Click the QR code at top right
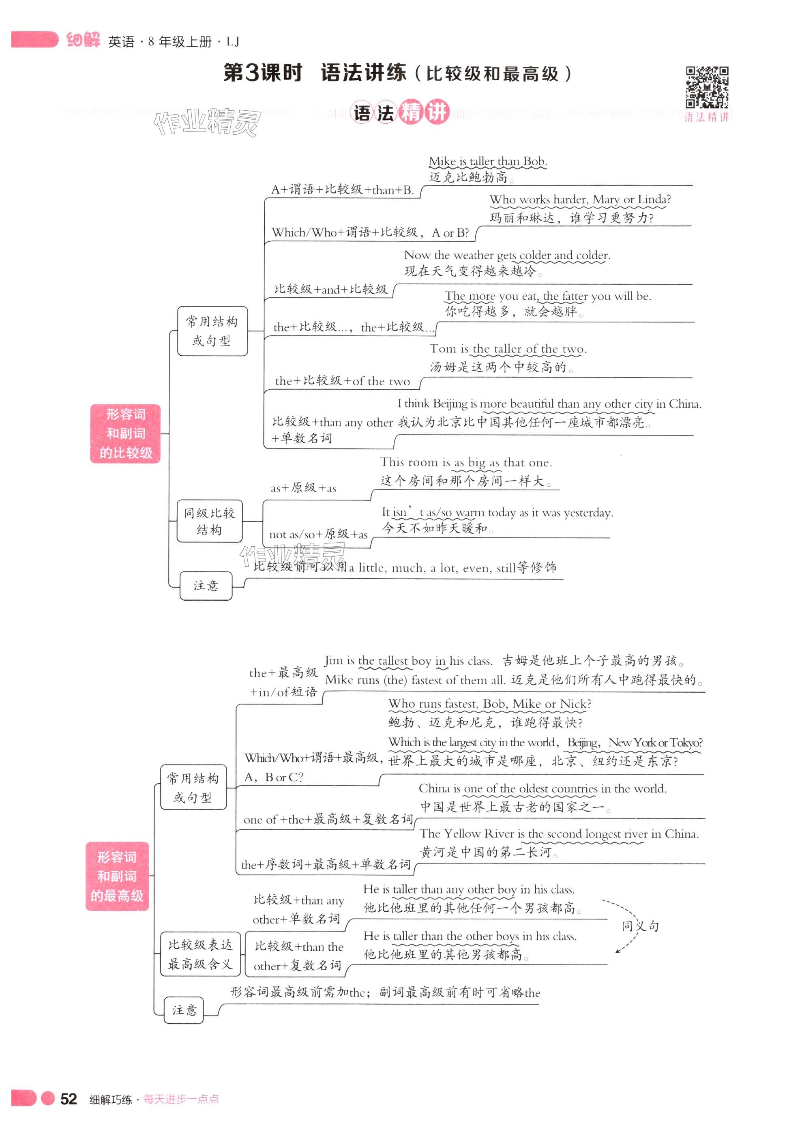coord(707,87)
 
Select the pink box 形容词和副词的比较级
coord(125,434)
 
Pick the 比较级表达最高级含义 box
coord(200,954)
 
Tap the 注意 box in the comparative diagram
coord(206,586)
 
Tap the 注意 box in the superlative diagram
coord(184,1010)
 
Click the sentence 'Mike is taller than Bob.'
coord(487,161)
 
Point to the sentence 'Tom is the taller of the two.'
coord(507,349)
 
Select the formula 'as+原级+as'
coord(303,488)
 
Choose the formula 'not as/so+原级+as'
coord(318,534)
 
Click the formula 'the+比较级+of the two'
coord(342,381)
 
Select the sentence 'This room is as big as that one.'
coord(466,462)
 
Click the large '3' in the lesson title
coord(252,73)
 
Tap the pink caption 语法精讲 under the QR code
coord(706,117)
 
